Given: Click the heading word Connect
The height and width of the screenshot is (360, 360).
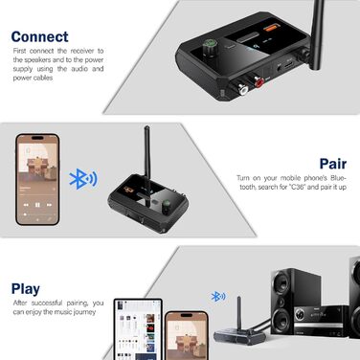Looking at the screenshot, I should tap(40, 36).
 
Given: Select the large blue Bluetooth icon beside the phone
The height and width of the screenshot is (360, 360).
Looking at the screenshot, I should tap(79, 178).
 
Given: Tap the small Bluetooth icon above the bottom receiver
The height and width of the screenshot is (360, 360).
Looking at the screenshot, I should tap(217, 297).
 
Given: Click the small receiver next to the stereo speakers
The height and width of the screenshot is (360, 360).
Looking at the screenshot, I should tap(236, 331).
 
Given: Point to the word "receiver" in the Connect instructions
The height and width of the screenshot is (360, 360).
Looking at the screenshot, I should tap(78, 48).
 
